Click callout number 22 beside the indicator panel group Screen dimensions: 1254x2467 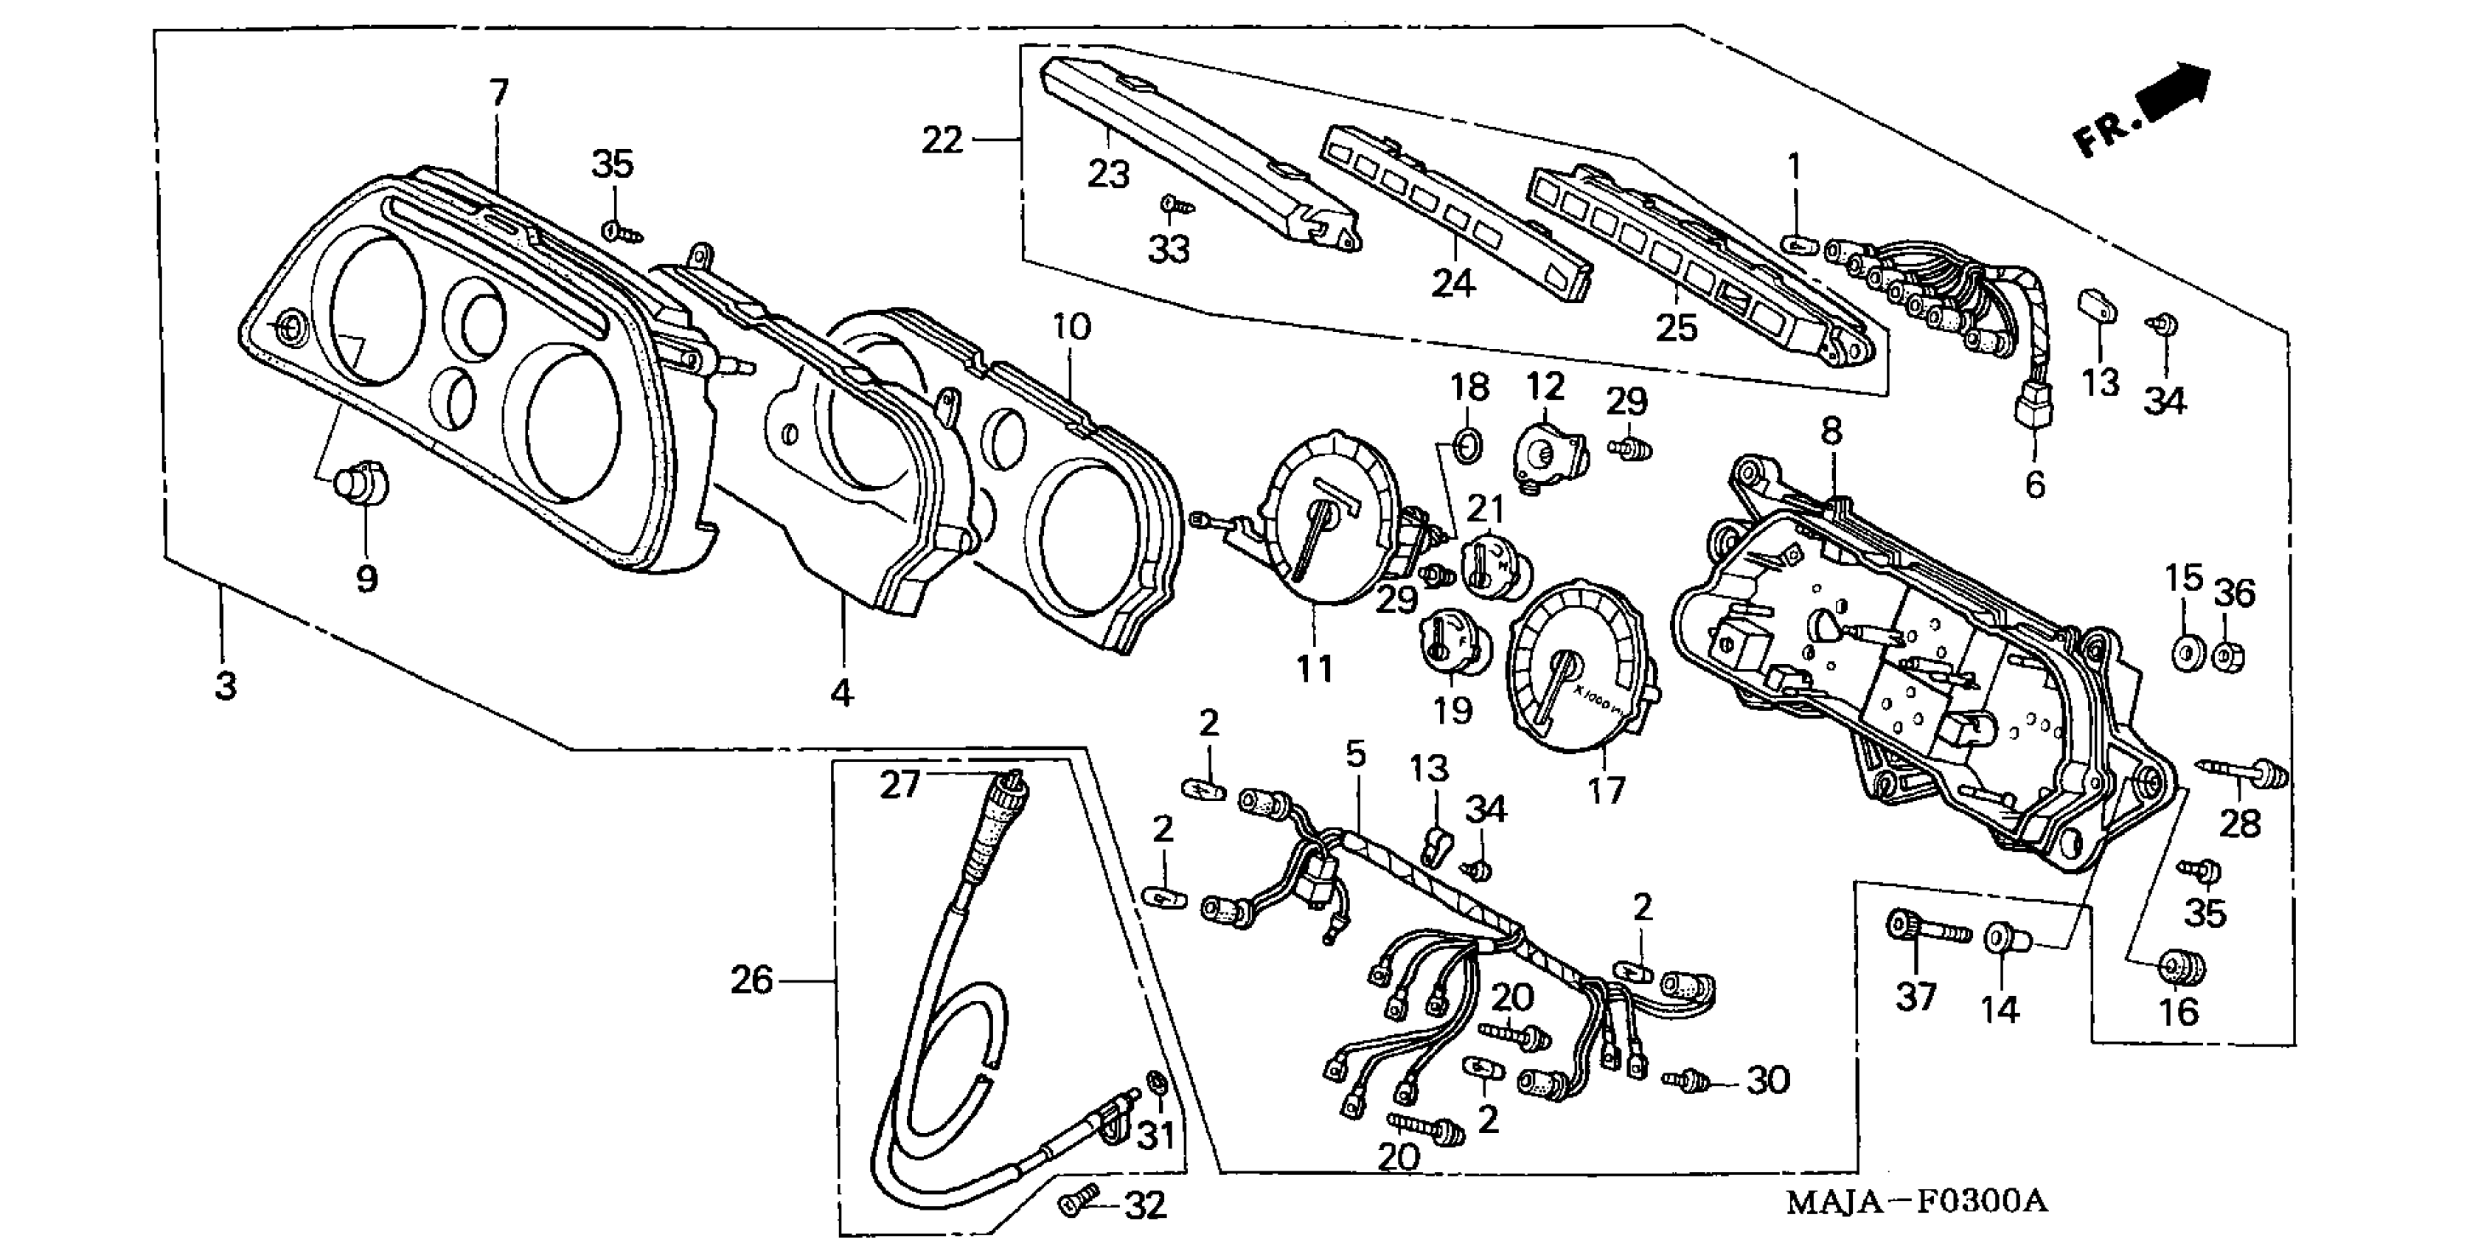click(x=941, y=141)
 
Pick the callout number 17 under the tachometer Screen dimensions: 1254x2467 click(x=1606, y=790)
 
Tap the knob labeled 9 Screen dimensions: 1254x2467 click(x=362, y=485)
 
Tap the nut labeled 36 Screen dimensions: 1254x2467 click(x=2231, y=655)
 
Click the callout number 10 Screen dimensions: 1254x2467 click(x=1071, y=328)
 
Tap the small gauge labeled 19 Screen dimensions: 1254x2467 click(x=1450, y=647)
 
